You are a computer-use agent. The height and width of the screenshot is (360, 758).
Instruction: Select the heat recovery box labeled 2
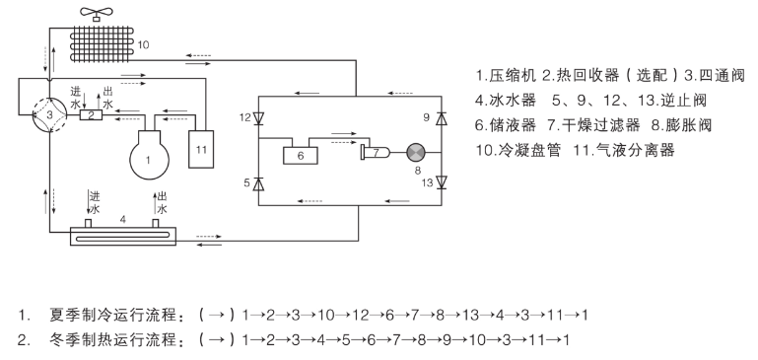[x=91, y=115]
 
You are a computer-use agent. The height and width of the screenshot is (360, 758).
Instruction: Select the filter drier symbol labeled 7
[x=376, y=152]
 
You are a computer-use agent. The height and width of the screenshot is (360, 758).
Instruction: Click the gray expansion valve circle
[x=414, y=152]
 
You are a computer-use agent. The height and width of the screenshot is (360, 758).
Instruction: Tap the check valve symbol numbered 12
[x=258, y=119]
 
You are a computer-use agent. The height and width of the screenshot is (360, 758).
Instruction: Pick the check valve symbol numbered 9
[x=442, y=119]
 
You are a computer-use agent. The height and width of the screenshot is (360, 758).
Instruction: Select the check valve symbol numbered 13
[x=442, y=182]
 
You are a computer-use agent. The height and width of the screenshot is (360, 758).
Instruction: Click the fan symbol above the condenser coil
[x=96, y=13]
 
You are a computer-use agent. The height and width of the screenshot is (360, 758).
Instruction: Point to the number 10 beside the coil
[x=144, y=45]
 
